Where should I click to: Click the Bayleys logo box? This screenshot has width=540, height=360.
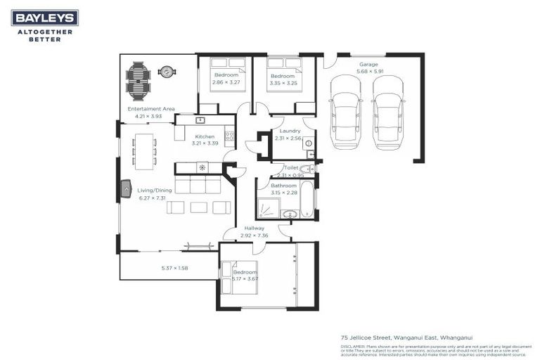(45, 18)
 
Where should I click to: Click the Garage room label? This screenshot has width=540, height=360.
(368, 64)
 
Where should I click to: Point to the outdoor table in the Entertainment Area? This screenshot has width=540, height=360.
(138, 82)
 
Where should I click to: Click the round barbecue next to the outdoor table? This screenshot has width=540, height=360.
(167, 71)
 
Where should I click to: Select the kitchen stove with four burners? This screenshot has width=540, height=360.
(229, 136)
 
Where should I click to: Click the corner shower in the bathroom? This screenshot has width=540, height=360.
(268, 208)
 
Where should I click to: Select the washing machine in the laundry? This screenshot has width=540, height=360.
(307, 143)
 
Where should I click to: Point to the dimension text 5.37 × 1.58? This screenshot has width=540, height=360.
(169, 268)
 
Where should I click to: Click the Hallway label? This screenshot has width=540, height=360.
(254, 229)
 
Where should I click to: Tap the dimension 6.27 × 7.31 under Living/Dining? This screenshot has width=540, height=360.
(152, 198)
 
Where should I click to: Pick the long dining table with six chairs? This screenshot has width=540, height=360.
(143, 151)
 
